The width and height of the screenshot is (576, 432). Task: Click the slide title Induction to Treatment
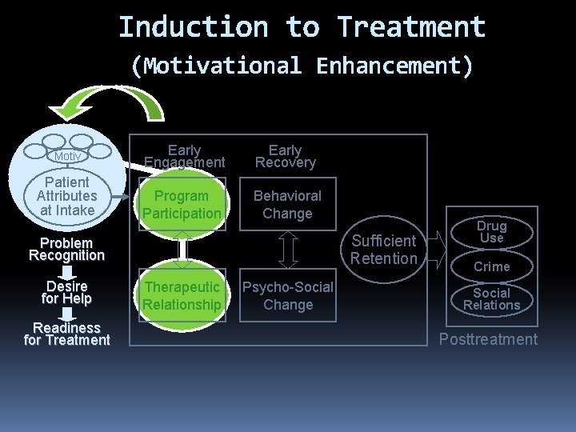(x=302, y=27)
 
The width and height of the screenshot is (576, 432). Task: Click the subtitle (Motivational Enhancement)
(x=302, y=65)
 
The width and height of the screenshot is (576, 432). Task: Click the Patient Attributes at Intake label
(x=66, y=196)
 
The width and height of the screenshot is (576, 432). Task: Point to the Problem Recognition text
(x=66, y=249)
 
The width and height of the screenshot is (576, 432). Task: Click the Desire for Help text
(x=68, y=292)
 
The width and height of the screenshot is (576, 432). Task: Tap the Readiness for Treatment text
(x=66, y=334)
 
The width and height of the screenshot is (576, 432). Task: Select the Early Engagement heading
(x=184, y=156)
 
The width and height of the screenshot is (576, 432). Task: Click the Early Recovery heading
(x=286, y=156)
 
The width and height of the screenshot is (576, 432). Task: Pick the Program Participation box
(x=182, y=205)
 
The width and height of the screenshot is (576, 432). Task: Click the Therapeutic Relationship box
(x=182, y=296)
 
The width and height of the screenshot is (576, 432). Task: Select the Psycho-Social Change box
(x=287, y=296)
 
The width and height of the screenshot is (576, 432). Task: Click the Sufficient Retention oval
(x=384, y=250)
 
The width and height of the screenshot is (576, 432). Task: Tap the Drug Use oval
(x=491, y=232)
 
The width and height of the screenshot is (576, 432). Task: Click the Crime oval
(x=491, y=266)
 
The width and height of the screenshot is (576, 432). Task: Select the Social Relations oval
(x=491, y=299)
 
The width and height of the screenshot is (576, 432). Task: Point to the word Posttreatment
(x=488, y=339)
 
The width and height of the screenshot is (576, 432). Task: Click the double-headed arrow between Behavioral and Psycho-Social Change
(x=288, y=250)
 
